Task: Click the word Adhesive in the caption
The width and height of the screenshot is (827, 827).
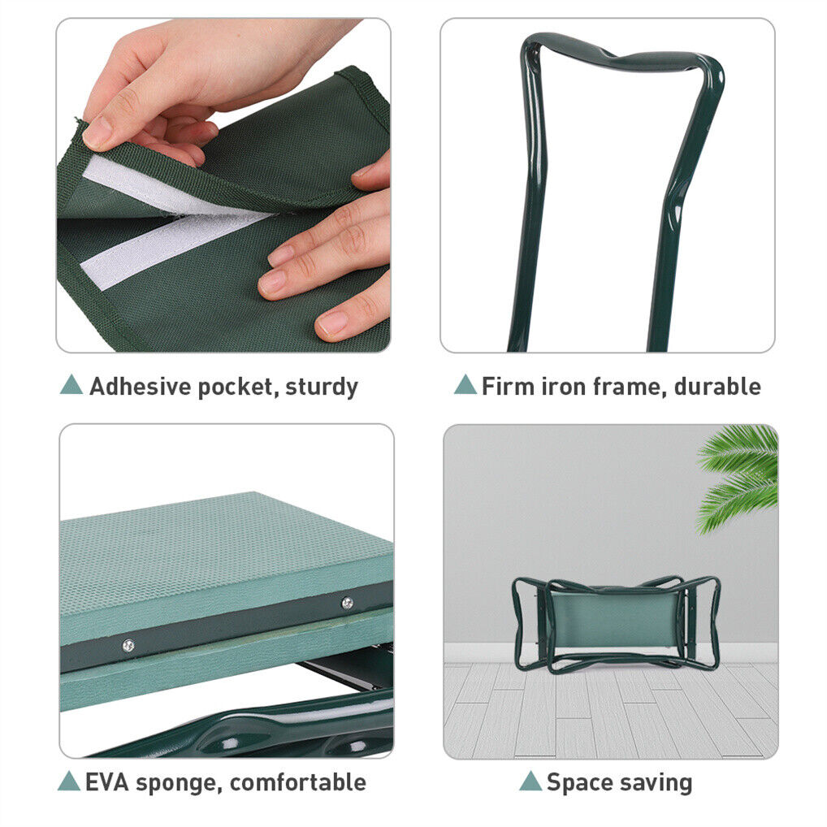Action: (x=140, y=387)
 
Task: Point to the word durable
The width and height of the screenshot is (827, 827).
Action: (x=717, y=386)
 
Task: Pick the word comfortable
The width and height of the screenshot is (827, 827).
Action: (x=297, y=782)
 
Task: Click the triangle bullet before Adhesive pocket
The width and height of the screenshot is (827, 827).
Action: (x=71, y=385)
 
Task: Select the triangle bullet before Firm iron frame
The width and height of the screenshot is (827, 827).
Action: (x=465, y=385)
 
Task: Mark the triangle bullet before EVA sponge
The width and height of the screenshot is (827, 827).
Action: (x=69, y=782)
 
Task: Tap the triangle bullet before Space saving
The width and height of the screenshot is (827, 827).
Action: (x=530, y=782)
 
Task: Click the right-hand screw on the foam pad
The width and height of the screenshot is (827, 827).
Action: (x=347, y=602)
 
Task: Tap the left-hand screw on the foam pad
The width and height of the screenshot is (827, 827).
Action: (x=128, y=645)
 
